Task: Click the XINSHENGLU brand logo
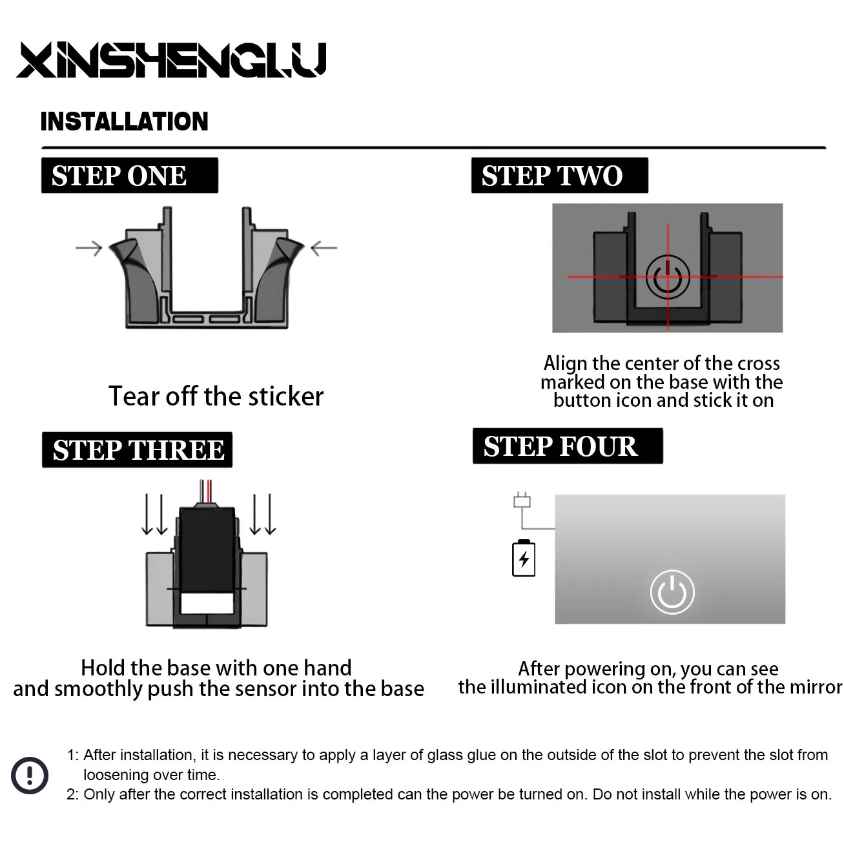pyautogui.click(x=171, y=60)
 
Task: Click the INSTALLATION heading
pyautogui.click(x=125, y=121)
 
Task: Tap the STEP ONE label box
pyautogui.click(x=130, y=175)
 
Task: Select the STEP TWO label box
pyautogui.click(x=559, y=175)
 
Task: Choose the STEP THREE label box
pyautogui.click(x=137, y=449)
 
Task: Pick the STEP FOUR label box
pyautogui.click(x=568, y=446)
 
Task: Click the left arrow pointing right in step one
pyautogui.click(x=88, y=248)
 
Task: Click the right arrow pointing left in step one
pyautogui.click(x=324, y=248)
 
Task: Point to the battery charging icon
pyautogui.click(x=524, y=558)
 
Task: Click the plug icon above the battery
pyautogui.click(x=522, y=500)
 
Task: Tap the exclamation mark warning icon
pyautogui.click(x=30, y=776)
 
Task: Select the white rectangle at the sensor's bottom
pyautogui.click(x=207, y=603)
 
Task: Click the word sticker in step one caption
pyautogui.click(x=285, y=396)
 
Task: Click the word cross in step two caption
pyautogui.click(x=759, y=364)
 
